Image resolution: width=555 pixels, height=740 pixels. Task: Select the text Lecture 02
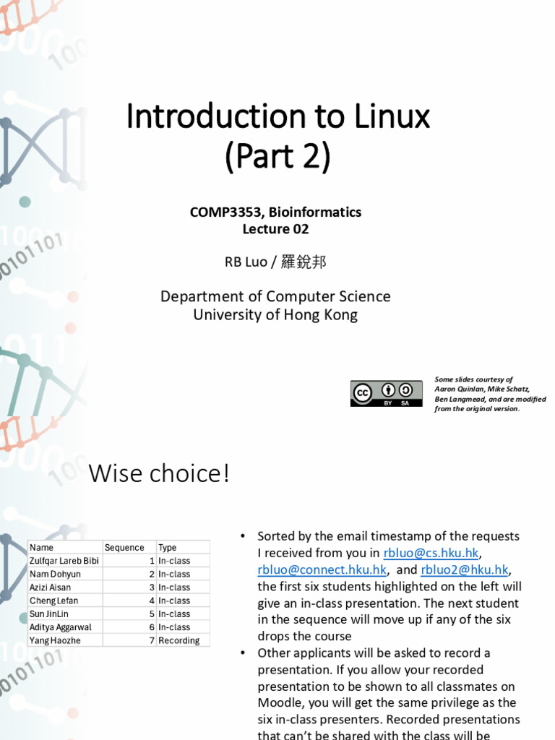275,229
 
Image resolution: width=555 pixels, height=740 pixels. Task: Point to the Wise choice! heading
159,474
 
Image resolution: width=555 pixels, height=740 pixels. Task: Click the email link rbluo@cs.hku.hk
431,554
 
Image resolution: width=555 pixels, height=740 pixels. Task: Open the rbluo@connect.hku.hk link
322,570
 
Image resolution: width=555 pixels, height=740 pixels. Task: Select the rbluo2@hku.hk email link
465,570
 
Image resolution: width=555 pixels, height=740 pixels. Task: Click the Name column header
42,548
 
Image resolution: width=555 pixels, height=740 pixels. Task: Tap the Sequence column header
124,548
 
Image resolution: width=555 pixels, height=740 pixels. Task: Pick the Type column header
168,548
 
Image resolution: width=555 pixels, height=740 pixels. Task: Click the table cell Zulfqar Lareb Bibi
64,561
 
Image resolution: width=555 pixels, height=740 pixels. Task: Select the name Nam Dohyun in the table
55,575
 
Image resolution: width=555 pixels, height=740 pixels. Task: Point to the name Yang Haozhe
55,641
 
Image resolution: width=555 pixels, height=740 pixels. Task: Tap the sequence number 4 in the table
152,601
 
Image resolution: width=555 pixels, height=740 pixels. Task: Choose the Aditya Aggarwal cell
61,628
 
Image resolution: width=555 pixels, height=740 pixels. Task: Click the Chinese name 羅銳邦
304,262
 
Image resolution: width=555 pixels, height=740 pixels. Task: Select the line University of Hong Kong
275,315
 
